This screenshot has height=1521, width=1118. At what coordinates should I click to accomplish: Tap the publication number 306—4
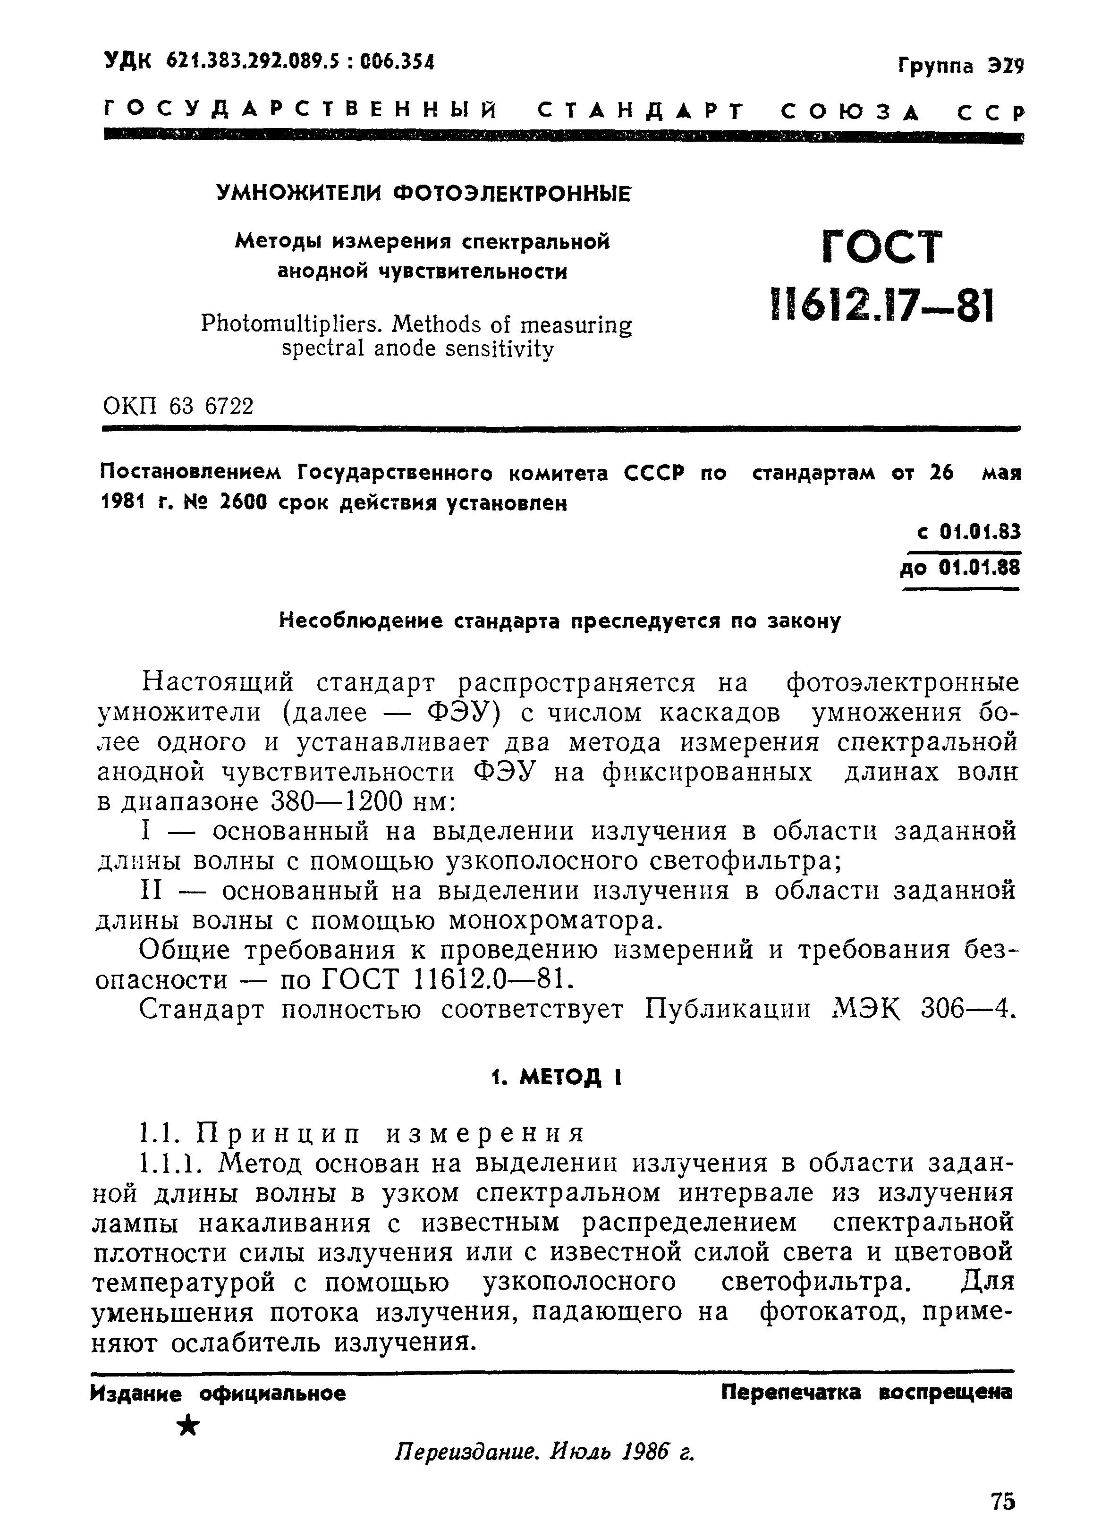click(x=968, y=1010)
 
